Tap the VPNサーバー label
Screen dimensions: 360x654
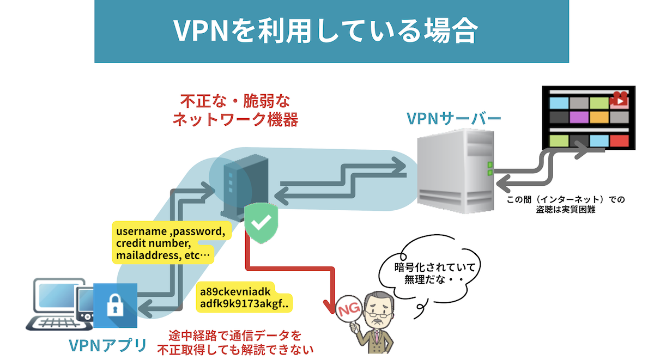454,118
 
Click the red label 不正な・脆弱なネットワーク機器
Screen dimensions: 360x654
235,111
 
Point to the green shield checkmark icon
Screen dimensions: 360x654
262,222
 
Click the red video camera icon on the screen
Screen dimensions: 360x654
620,99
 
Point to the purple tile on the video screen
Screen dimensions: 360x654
579,117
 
